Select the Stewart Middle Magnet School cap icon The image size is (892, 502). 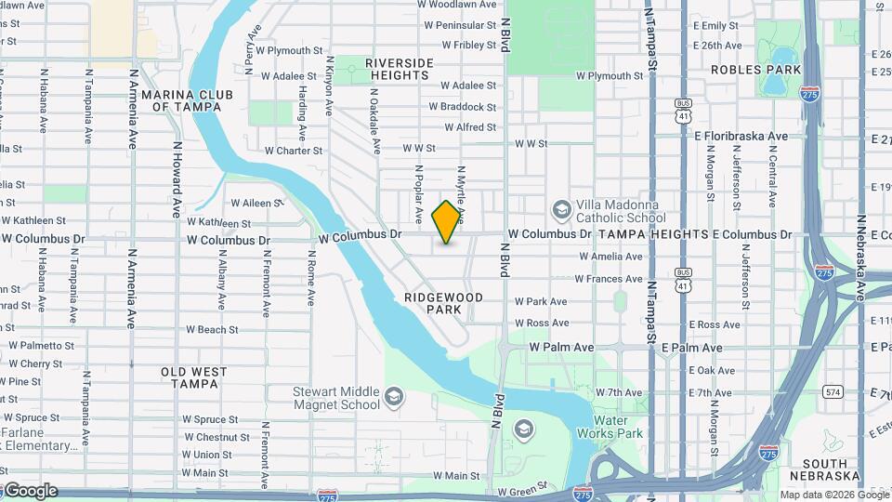pyautogui.click(x=394, y=398)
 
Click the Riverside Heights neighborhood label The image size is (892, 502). pyautogui.click(x=400, y=69)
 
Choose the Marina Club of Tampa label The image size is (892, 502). pyautogui.click(x=187, y=99)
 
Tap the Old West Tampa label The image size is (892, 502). pyautogui.click(x=193, y=377)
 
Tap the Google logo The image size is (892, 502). pyautogui.click(x=30, y=491)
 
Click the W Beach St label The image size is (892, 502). pyautogui.click(x=212, y=329)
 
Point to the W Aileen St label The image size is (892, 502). pyautogui.click(x=256, y=202)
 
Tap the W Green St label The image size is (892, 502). pyautogui.click(x=523, y=490)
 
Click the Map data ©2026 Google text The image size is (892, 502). pyautogui.click(x=833, y=495)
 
